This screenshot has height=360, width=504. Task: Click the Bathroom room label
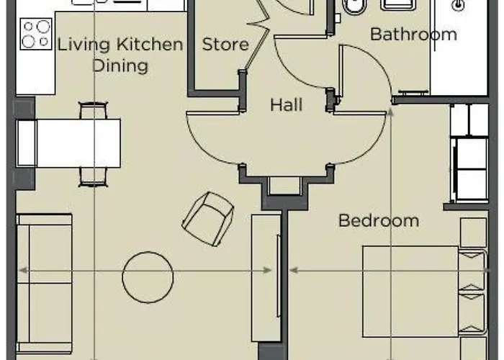tap(413, 34)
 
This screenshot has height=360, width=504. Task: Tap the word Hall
tap(286, 105)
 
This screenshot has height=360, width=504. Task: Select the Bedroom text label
tap(379, 220)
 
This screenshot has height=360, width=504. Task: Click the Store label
tap(225, 45)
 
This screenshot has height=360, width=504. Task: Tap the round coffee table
tap(148, 276)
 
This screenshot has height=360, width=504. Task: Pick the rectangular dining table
tap(78, 143)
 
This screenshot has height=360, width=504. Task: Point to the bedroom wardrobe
tap(469, 153)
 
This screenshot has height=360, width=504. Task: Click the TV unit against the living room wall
tap(266, 277)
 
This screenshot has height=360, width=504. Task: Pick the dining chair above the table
tap(93, 112)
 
